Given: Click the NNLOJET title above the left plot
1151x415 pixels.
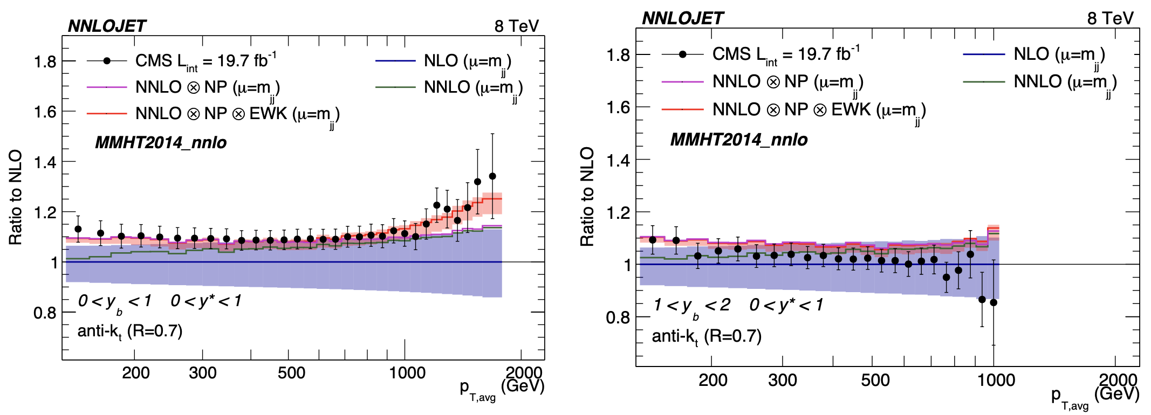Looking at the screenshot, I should (107, 26).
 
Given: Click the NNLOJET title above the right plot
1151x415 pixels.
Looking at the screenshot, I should (682, 18).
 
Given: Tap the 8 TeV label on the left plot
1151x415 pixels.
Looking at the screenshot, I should (516, 26).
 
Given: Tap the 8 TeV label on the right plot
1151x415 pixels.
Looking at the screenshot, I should (1110, 18).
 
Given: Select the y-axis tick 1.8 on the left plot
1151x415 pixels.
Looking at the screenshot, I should (45, 61).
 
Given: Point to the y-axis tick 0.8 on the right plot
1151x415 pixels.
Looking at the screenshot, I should (618, 317).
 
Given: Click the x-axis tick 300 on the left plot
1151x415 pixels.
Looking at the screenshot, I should (203, 373).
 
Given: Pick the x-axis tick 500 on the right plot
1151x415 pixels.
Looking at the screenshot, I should (875, 380).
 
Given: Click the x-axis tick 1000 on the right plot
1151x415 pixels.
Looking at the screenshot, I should (996, 380).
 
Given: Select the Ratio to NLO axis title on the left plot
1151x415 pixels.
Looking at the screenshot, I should (16, 197).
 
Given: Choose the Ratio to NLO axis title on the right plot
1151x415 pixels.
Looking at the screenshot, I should (587, 197).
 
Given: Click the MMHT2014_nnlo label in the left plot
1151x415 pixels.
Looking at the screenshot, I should (161, 142).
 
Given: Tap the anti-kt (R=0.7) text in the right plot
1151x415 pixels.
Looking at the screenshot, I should (707, 337).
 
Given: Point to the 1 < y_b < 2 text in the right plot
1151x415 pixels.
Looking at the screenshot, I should (691, 306).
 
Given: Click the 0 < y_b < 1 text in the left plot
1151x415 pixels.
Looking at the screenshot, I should (114, 301).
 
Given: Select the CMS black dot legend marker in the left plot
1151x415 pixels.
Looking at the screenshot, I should (107, 61).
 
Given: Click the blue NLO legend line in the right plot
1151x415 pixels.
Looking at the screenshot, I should (984, 54).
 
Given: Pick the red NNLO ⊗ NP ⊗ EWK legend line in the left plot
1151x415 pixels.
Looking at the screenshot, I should (107, 114).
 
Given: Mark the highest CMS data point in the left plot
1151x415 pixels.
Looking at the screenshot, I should (492, 176).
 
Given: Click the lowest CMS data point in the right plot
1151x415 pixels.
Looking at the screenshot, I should (994, 302).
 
